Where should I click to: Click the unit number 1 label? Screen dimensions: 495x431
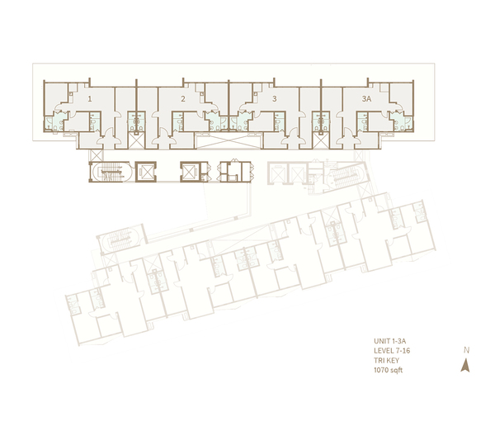(90, 99)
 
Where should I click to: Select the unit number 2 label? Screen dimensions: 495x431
(183, 99)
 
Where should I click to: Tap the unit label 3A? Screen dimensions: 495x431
(366, 99)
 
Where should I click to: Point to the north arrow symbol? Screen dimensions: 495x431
(465, 366)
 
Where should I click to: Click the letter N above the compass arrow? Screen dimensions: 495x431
(467, 350)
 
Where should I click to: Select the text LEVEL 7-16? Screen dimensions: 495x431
(392, 351)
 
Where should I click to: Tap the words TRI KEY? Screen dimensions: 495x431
(386, 361)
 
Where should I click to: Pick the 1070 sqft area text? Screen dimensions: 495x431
(389, 370)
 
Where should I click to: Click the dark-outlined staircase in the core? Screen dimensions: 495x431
(111, 172)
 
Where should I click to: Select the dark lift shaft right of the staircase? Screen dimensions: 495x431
(146, 172)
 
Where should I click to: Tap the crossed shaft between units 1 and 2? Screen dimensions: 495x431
(136, 141)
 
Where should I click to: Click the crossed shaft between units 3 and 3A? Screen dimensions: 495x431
(321, 141)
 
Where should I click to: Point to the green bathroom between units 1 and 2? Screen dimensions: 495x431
(136, 121)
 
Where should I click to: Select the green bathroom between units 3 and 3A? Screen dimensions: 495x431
(321, 121)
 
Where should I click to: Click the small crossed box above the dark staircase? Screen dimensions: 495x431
(97, 155)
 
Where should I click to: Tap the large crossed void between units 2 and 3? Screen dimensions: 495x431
(229, 141)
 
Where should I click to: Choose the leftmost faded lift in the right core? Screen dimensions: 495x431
(277, 173)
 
